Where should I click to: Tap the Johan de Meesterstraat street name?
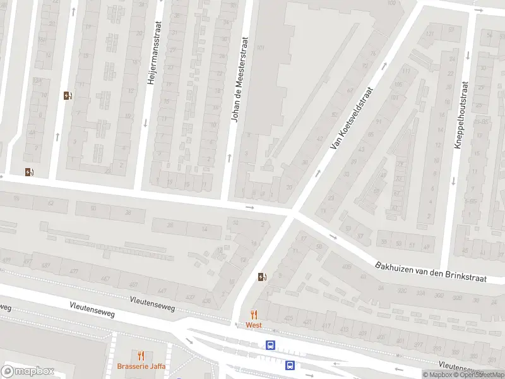click(240, 79)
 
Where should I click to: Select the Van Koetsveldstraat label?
click(353, 118)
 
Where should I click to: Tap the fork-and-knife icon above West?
click(254, 314)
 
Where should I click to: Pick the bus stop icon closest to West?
click(270, 345)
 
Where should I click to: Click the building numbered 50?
click(93, 208)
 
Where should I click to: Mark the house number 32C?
click(401, 292)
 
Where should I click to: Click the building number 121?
click(431, 33)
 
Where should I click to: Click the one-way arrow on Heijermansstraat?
click(145, 122)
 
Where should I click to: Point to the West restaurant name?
click(254, 325)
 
